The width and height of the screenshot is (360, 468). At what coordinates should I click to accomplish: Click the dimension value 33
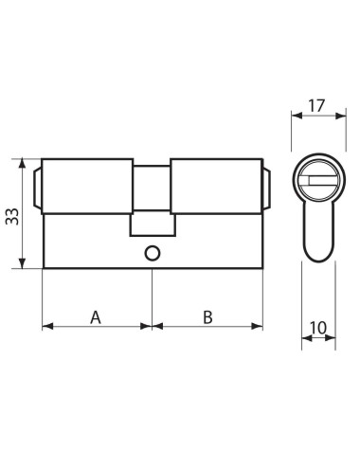pos(12,215)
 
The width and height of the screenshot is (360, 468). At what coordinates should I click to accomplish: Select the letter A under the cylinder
pos(96,315)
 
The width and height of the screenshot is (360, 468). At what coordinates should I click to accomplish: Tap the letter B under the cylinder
pos(207,315)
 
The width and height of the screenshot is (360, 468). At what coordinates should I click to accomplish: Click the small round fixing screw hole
pos(152,254)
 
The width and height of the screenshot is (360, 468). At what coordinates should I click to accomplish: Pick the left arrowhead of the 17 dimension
pos(293,115)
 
